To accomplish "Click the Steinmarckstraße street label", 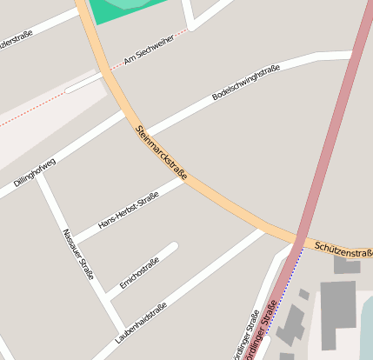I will pos(162,154).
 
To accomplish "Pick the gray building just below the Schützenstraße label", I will pos(347,265).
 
